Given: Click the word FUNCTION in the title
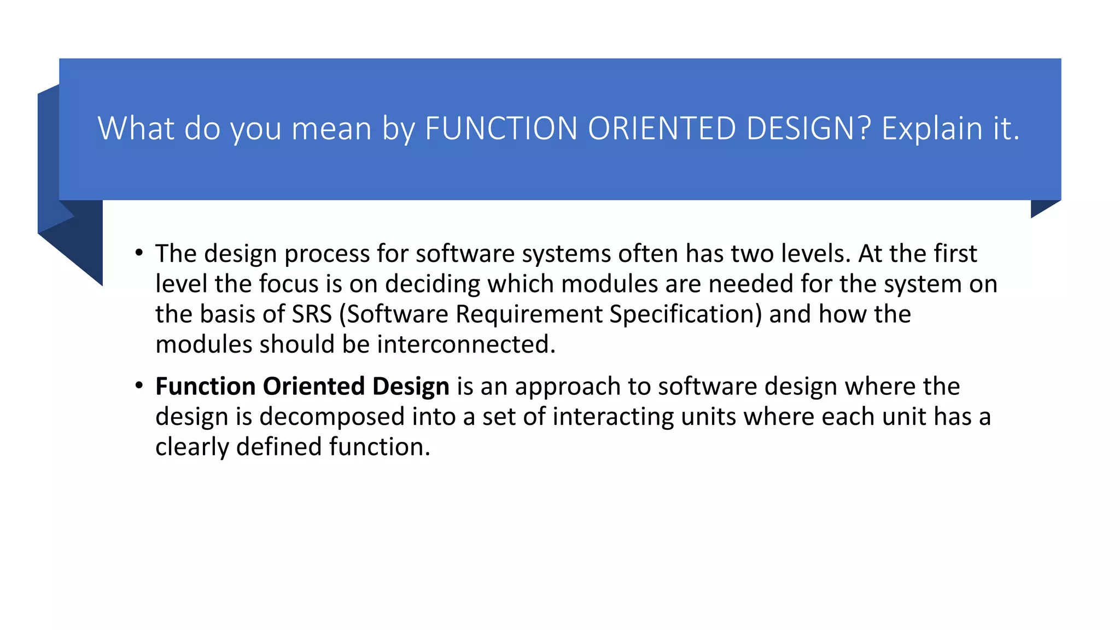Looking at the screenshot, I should tap(501, 129).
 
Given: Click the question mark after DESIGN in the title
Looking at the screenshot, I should tap(864, 129).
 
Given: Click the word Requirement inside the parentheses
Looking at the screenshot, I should tap(528, 314).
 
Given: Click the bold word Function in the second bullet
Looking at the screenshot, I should tap(205, 387).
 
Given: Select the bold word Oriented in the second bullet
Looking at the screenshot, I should tap(314, 387).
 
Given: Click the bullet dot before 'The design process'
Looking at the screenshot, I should tap(139, 253).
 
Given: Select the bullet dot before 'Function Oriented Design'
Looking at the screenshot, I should tap(139, 386).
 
